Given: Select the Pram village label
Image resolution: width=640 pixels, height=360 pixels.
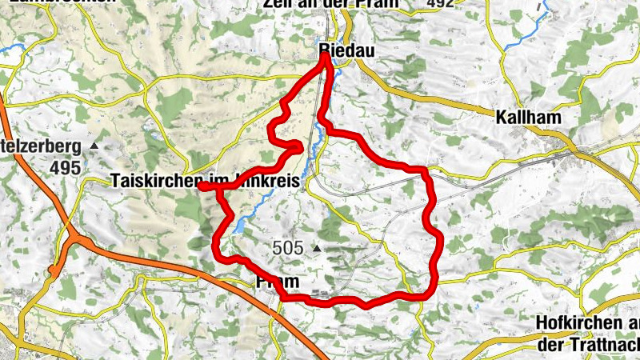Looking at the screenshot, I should (x=278, y=282).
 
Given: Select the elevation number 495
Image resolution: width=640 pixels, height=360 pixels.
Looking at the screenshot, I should (x=64, y=167).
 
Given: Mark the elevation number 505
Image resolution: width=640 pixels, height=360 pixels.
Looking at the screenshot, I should (x=287, y=248).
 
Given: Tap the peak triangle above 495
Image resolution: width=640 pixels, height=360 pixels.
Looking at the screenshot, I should (x=94, y=146).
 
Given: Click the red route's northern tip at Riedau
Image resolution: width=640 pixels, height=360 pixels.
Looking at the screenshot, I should (x=326, y=55).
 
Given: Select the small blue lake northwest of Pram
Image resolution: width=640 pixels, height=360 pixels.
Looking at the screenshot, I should (x=239, y=227).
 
